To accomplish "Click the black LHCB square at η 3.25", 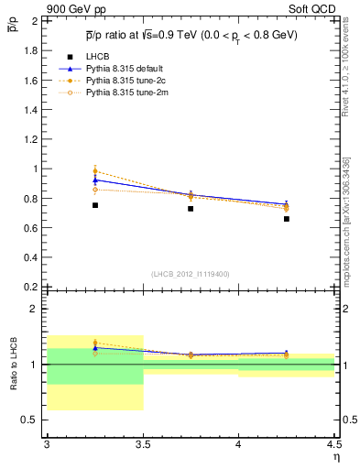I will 94,205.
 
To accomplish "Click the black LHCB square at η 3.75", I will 191,209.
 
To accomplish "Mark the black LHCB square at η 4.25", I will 287,219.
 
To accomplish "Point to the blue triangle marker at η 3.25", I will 94,180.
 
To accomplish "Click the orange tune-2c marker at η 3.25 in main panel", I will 94,170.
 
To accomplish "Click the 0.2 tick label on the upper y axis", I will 31,286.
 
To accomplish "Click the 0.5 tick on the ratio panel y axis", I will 31,420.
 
